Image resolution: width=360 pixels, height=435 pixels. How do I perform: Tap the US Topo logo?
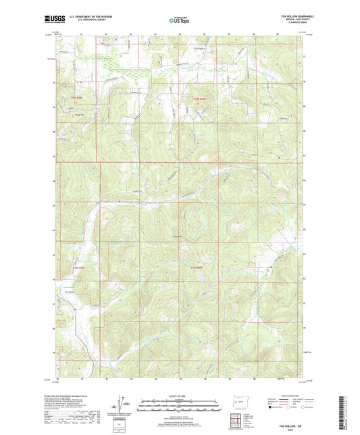(x=178, y=21)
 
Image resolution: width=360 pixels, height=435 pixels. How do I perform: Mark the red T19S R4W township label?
(x=195, y=268)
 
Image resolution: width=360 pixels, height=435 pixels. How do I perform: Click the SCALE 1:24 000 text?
(x=180, y=395)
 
